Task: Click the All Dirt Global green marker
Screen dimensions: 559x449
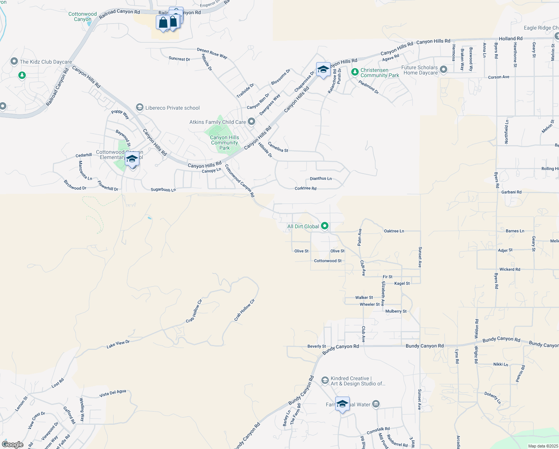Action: pos(325,226)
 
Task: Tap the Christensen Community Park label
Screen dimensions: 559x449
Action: pos(380,73)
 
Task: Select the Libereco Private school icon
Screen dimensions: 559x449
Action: pos(140,108)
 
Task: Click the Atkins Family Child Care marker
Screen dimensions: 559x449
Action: pos(251,122)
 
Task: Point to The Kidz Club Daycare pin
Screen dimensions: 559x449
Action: pos(14,61)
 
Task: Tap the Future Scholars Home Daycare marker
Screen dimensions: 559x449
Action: pos(444,70)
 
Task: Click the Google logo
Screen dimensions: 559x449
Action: pos(13,445)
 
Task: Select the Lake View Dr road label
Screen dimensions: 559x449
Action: pos(118,344)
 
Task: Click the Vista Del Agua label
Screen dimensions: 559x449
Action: pos(113,393)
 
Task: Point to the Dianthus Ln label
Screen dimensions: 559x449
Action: pos(321,178)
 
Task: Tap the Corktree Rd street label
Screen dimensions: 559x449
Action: pos(305,188)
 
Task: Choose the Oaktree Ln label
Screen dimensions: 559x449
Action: pos(394,231)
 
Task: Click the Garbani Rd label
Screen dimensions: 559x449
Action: pos(511,192)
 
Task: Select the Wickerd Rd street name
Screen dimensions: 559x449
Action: pos(510,269)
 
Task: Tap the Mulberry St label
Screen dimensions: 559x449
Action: pos(396,311)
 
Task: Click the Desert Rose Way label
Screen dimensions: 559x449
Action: pos(212,53)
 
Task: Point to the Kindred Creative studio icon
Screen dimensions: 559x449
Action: pos(325,381)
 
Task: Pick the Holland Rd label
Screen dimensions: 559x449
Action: pos(510,39)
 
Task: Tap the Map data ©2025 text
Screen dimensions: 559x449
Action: pos(543,446)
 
